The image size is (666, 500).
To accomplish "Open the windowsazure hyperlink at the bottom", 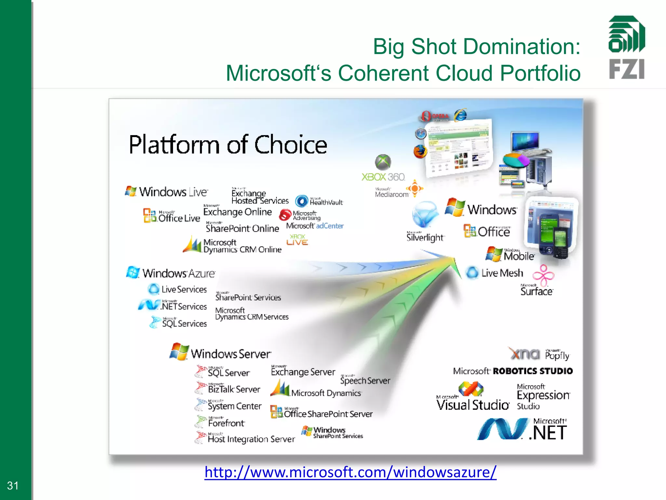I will [x=350, y=472].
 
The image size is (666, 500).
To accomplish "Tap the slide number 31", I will [x=13, y=486].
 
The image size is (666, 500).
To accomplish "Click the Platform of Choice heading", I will [x=228, y=145].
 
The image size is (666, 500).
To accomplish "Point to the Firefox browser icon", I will [x=420, y=151].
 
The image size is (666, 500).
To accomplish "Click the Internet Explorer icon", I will [x=460, y=115].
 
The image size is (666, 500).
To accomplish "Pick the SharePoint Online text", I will [x=242, y=228].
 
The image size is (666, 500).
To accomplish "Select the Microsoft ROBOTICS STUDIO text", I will [x=513, y=371].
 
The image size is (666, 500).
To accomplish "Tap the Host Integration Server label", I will [x=251, y=439].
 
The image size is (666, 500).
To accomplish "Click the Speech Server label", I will [x=365, y=380].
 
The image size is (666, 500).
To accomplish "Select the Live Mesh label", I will [x=502, y=273].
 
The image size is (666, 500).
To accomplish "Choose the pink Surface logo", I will [x=543, y=275].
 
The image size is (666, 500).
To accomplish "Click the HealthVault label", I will [x=326, y=202].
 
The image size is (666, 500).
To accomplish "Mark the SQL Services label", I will [x=184, y=323].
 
